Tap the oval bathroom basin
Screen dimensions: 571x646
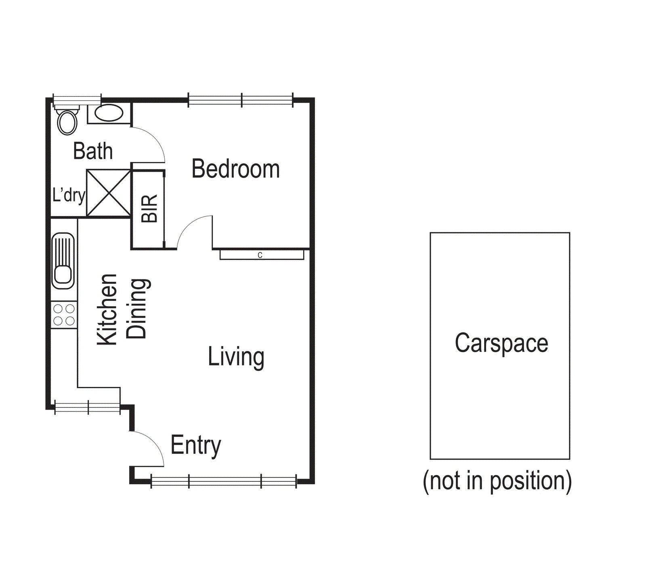coord(109,113)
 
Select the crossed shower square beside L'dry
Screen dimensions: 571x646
coord(109,193)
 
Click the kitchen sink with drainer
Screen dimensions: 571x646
coord(63,260)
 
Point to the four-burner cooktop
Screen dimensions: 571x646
coord(64,315)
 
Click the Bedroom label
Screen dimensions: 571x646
coord(235,169)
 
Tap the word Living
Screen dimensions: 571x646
coord(236,357)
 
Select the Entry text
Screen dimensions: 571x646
coord(196,445)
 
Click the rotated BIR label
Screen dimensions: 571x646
coord(149,208)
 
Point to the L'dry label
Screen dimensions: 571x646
coord(69,195)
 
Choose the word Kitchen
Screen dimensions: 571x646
coord(107,310)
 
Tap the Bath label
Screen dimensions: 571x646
coord(92,151)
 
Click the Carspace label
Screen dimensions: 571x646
coord(501,343)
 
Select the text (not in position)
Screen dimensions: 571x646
coord(497,481)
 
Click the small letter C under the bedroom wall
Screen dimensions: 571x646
coord(260,255)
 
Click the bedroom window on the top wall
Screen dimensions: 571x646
coord(241,100)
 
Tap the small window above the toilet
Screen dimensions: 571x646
coord(77,100)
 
